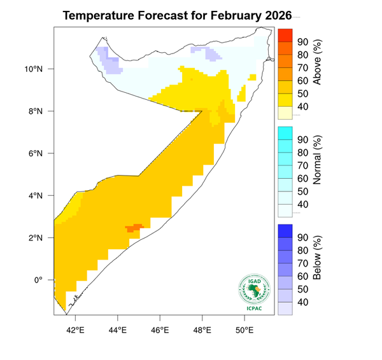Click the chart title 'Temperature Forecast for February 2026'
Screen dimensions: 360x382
coord(177,15)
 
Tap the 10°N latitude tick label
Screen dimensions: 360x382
coord(35,69)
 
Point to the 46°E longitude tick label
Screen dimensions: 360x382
coord(160,330)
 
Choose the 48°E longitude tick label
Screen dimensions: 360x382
coord(202,330)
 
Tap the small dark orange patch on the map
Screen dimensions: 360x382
coord(135,228)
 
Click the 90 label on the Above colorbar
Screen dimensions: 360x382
coord(303,42)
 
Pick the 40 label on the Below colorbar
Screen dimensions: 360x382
coord(303,302)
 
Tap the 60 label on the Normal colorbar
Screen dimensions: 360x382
coord(303,179)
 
